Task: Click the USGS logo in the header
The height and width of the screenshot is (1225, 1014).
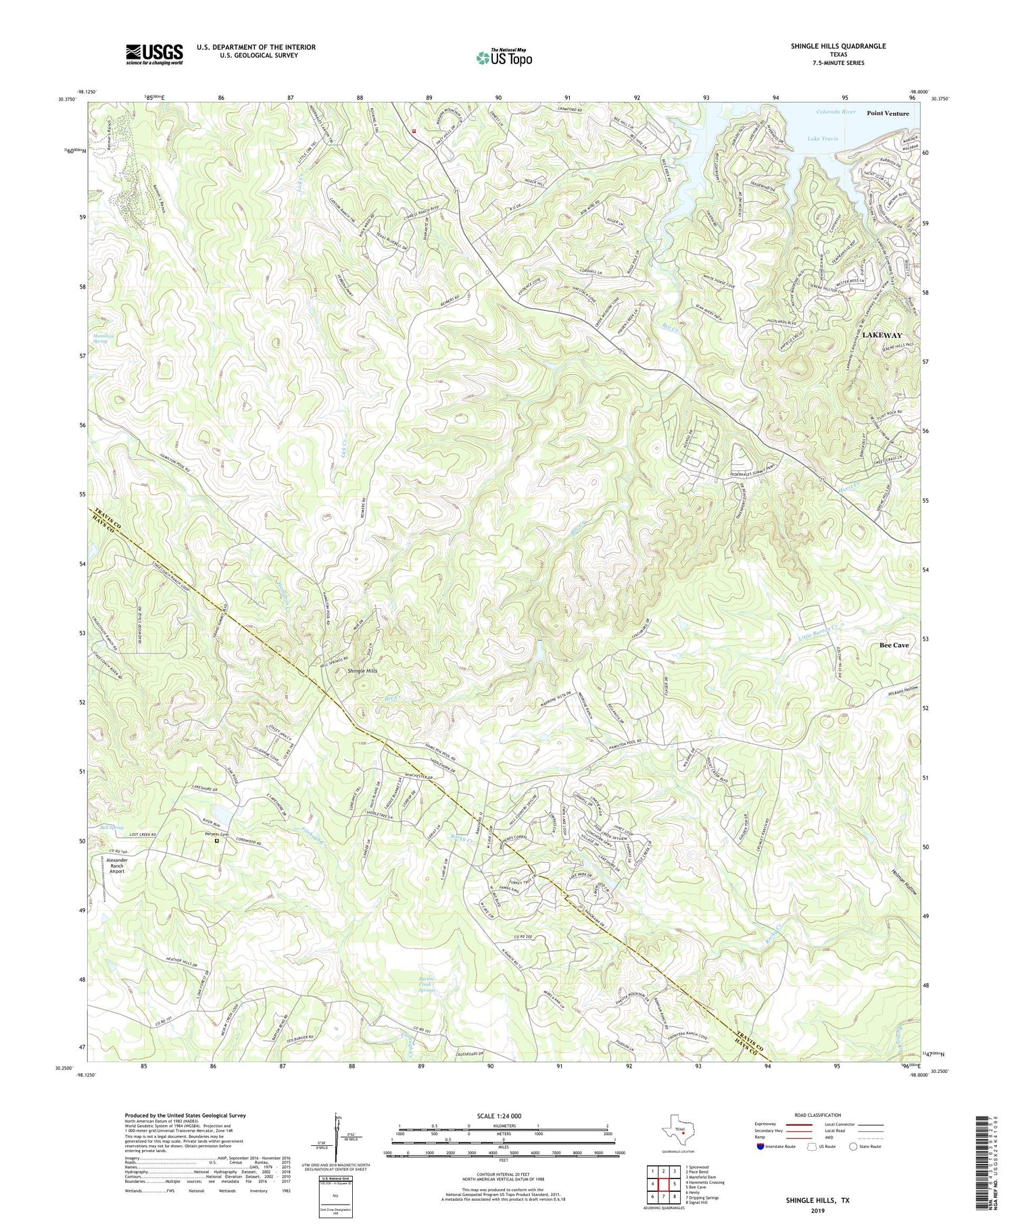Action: (154, 54)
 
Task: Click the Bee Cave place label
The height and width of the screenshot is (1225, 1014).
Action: (894, 645)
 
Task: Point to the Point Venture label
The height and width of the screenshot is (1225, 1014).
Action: (888, 114)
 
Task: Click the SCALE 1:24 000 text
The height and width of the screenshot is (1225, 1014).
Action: (504, 1116)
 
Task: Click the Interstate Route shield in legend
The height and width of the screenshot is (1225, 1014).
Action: (762, 1147)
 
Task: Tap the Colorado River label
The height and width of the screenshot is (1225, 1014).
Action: (836, 111)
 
